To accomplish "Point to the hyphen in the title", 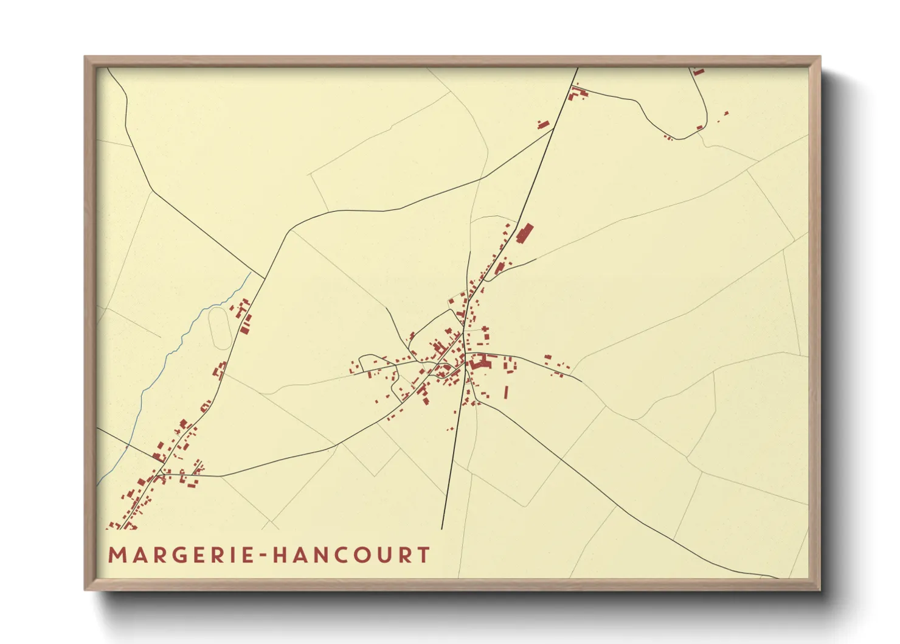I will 263,556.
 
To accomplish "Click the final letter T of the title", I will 424,555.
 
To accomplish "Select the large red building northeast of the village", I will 524,233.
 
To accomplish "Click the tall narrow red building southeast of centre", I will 506,391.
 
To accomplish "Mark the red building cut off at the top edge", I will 697,72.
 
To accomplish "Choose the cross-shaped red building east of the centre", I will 485,333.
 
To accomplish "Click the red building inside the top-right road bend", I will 699,127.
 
